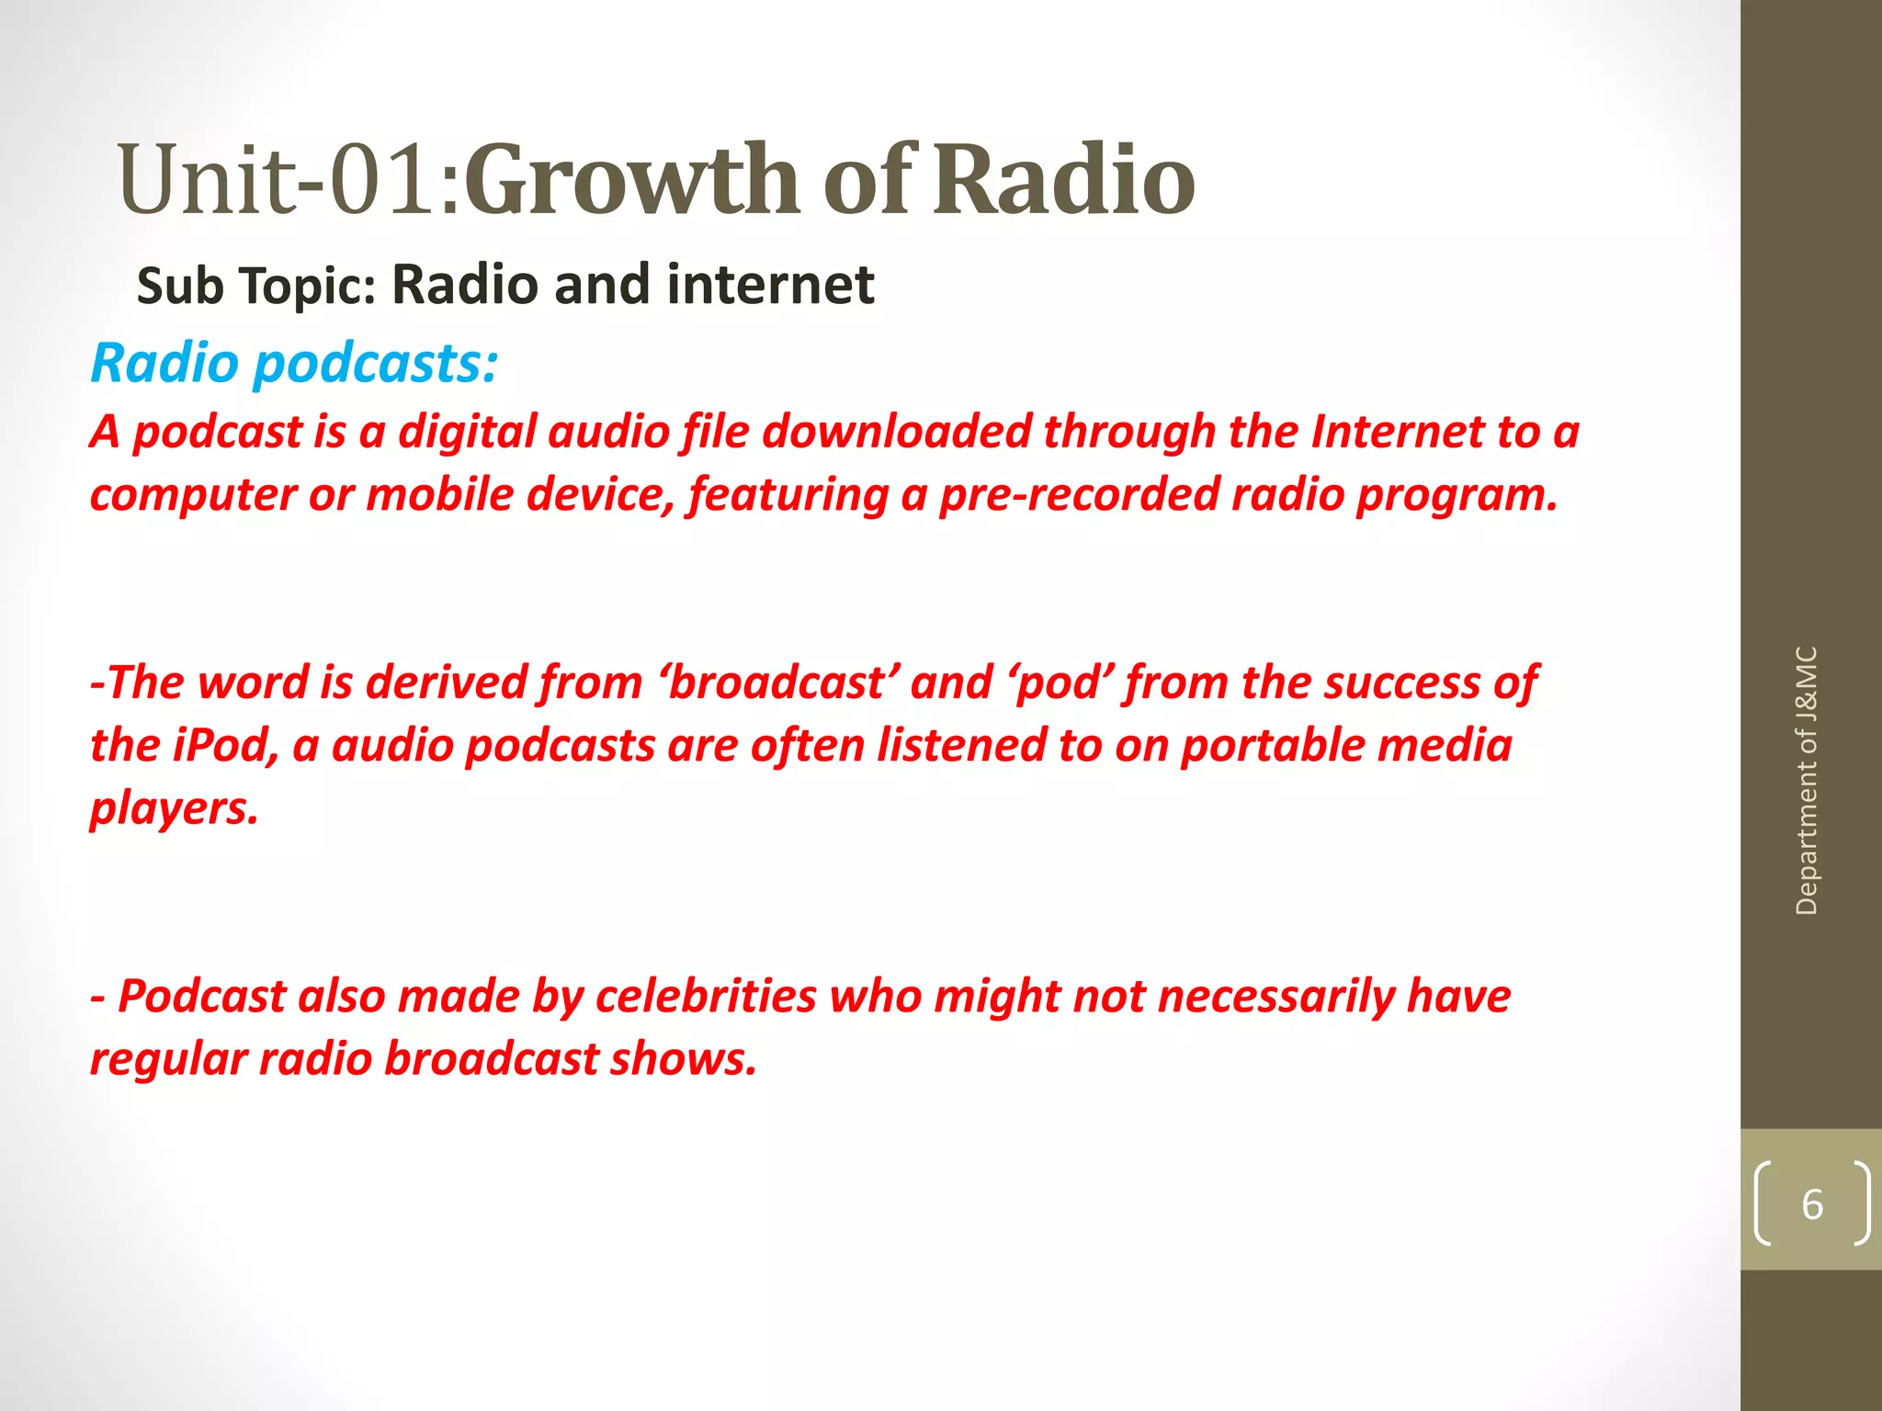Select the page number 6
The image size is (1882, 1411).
[x=1811, y=1204]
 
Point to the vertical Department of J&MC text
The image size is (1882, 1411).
[x=1806, y=781]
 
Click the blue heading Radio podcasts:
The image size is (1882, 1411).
[x=294, y=363]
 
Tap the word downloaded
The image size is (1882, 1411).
[x=897, y=432]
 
